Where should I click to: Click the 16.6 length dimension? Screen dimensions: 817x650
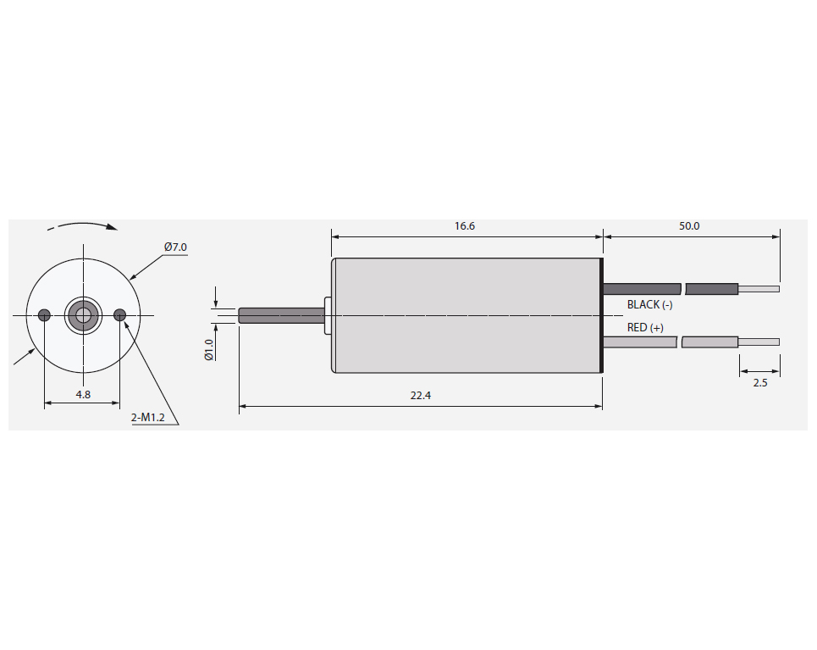pos(464,226)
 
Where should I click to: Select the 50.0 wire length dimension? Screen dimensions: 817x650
pos(689,226)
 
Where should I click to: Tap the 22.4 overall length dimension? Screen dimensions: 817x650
pos(421,396)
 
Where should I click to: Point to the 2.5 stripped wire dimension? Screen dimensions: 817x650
pos(760,383)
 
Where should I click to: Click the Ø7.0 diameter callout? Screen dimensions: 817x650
pos(175,247)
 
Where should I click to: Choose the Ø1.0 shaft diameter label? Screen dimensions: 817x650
pos(209,349)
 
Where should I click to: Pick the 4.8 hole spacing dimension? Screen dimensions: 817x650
pos(83,394)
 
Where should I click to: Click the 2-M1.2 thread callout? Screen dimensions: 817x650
pos(148,417)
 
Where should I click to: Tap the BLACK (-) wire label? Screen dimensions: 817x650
pos(649,304)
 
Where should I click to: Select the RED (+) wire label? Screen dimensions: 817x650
pos(645,328)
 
